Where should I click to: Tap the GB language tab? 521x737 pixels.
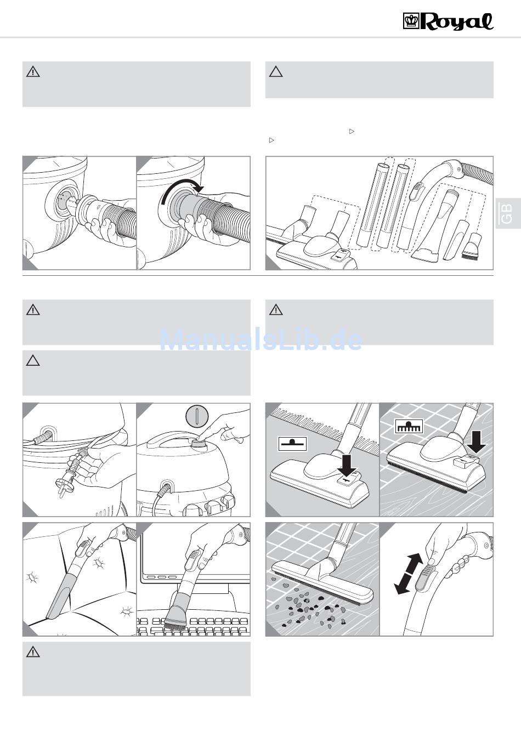pyautogui.click(x=506, y=213)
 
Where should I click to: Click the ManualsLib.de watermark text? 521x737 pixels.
pyautogui.click(x=260, y=340)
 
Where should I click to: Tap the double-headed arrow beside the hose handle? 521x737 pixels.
pyautogui.click(x=410, y=574)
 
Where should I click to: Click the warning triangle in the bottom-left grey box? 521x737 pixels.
pyautogui.click(x=33, y=652)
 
